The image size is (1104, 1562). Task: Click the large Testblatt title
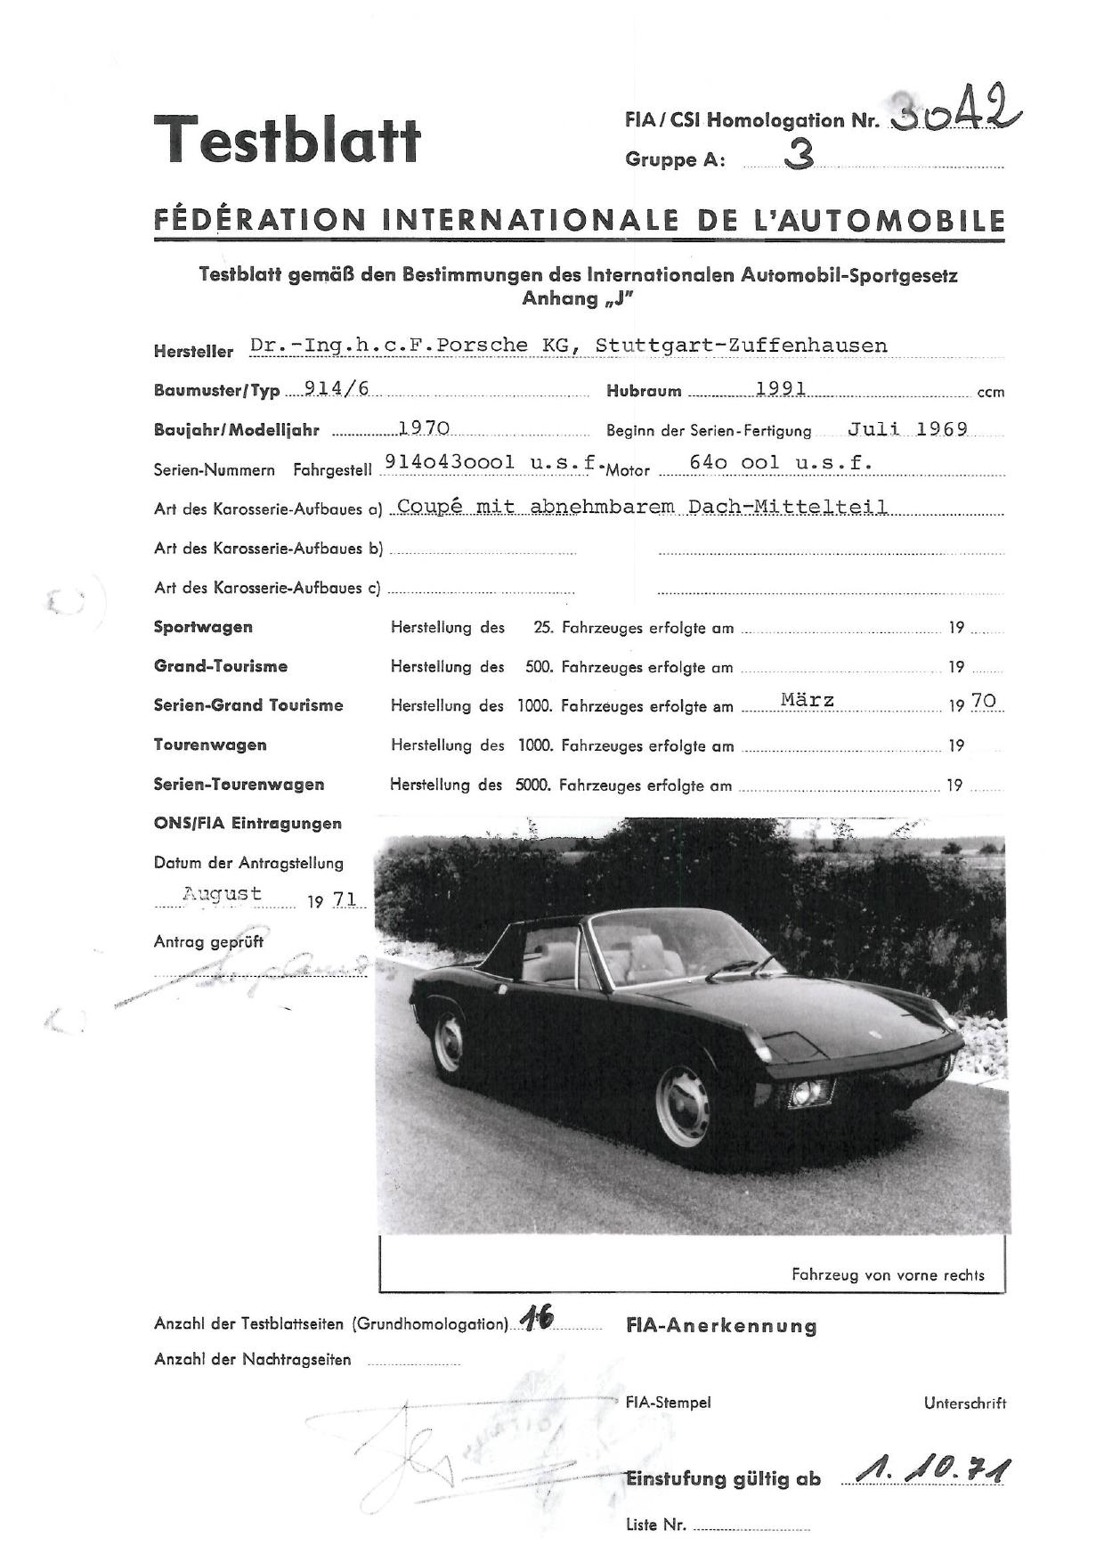click(x=287, y=140)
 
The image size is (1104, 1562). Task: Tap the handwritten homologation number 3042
click(x=954, y=113)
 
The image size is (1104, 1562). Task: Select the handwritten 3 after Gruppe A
click(x=799, y=157)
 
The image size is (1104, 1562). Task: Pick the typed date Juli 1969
click(x=907, y=428)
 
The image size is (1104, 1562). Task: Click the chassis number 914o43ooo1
click(x=449, y=462)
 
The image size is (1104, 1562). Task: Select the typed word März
click(x=808, y=700)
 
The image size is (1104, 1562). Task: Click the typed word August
click(x=222, y=893)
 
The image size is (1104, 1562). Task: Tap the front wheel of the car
click(x=683, y=1104)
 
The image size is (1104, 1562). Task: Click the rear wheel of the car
click(x=448, y=1041)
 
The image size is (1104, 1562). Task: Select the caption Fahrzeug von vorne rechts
click(x=888, y=1274)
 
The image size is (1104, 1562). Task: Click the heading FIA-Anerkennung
click(x=721, y=1326)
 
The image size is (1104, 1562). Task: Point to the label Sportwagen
click(x=203, y=627)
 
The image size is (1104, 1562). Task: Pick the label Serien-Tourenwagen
click(x=239, y=785)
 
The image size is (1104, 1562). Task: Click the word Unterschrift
click(x=965, y=1403)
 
